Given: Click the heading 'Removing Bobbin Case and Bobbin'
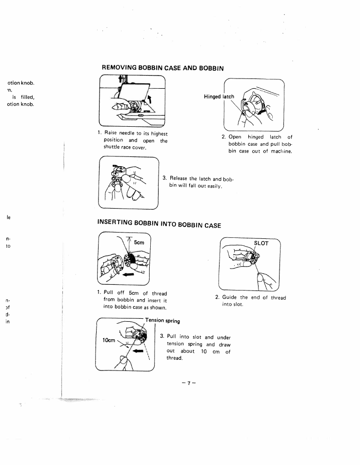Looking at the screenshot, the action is (162, 68).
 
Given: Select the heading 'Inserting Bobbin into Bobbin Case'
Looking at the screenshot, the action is (159, 225).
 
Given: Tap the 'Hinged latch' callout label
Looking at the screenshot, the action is (219, 97).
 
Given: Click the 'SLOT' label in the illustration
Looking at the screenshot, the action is (261, 243).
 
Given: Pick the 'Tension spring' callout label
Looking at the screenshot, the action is (163, 321).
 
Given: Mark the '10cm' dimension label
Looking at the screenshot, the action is (108, 340).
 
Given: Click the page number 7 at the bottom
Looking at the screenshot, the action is (187, 383).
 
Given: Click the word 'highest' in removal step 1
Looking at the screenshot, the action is (157, 134).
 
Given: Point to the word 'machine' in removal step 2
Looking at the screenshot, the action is (281, 151).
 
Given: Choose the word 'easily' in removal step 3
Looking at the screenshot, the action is (212, 186).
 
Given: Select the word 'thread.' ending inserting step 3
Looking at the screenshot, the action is (174, 358).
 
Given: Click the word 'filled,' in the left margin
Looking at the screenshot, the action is (26, 96).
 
